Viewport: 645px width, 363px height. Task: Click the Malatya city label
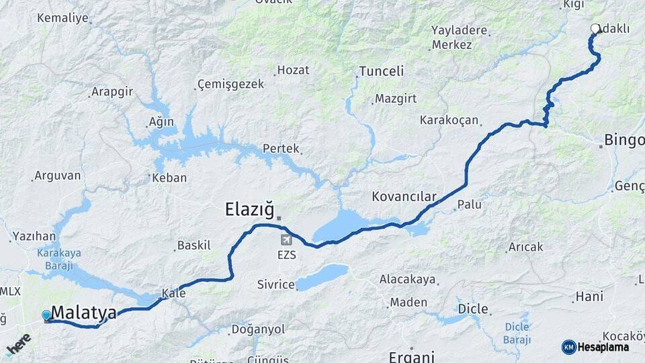click(x=83, y=313)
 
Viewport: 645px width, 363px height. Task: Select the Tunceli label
click(x=381, y=71)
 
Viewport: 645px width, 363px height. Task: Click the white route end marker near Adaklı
click(x=595, y=29)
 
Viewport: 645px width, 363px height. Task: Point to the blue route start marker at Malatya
click(x=46, y=315)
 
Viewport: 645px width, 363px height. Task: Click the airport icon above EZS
click(x=287, y=240)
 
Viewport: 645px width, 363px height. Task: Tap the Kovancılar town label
click(x=404, y=197)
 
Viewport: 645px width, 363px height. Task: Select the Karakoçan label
click(x=449, y=120)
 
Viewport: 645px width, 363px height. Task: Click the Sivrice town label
click(x=276, y=284)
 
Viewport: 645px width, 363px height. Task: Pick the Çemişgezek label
click(x=230, y=85)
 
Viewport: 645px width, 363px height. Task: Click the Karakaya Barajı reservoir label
click(x=53, y=258)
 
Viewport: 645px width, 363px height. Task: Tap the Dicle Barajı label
click(x=517, y=332)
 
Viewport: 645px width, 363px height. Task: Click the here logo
click(x=18, y=344)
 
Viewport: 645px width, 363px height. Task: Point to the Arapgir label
click(x=112, y=91)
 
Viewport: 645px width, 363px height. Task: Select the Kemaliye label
click(x=62, y=18)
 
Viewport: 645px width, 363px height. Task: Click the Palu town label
click(x=469, y=204)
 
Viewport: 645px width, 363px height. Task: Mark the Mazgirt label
click(x=396, y=98)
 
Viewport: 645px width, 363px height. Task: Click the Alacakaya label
click(x=407, y=279)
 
